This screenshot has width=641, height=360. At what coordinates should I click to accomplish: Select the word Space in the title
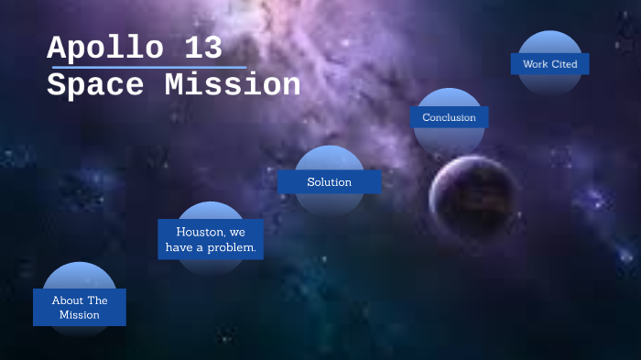95,85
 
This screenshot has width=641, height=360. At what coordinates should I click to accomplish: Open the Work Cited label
549,64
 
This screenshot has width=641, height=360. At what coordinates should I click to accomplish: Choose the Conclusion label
449,117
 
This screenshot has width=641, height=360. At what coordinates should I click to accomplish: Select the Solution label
329,182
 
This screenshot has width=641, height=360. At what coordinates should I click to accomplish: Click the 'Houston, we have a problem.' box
210,239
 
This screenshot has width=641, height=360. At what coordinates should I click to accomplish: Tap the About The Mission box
80,308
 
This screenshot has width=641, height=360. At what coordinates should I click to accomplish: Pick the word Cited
564,64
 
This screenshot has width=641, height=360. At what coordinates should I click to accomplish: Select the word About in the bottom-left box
67,300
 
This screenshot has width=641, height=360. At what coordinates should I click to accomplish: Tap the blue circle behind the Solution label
329,158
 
